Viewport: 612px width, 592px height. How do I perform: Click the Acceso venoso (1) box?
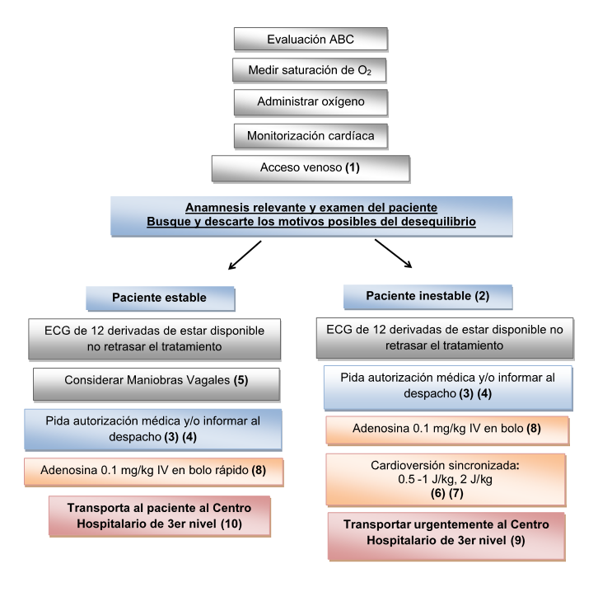[x=310, y=167]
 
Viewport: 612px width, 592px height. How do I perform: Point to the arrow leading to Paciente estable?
[x=246, y=254]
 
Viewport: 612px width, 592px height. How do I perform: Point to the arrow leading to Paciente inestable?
[x=394, y=254]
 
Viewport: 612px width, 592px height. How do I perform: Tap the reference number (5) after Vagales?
[x=264, y=382]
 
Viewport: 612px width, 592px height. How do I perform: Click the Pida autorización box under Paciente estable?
[x=155, y=425]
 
